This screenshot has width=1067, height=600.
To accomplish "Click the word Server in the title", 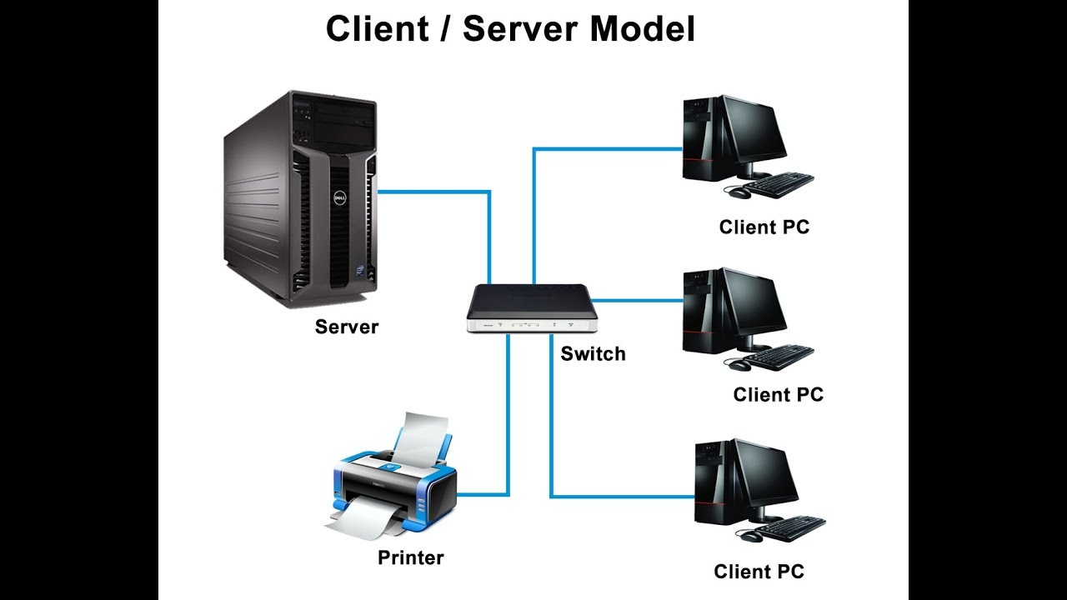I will [520, 29].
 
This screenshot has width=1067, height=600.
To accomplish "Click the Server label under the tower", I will [347, 327].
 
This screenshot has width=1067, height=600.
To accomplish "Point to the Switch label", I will [593, 354].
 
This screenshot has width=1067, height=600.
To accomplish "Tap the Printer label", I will [411, 557].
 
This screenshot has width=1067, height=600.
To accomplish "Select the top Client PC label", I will [764, 227].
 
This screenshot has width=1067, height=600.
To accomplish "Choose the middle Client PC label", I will [778, 395].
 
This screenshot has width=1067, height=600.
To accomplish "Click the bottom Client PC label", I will [759, 572].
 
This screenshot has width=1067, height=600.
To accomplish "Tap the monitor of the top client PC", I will [754, 132].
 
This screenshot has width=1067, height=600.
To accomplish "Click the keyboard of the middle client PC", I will [778, 357].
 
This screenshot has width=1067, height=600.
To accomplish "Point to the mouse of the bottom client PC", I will [750, 537].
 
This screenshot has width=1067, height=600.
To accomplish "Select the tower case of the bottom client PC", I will [710, 483].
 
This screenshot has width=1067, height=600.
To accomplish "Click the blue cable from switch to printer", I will [508, 417].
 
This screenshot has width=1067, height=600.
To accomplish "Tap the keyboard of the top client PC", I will [778, 182].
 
